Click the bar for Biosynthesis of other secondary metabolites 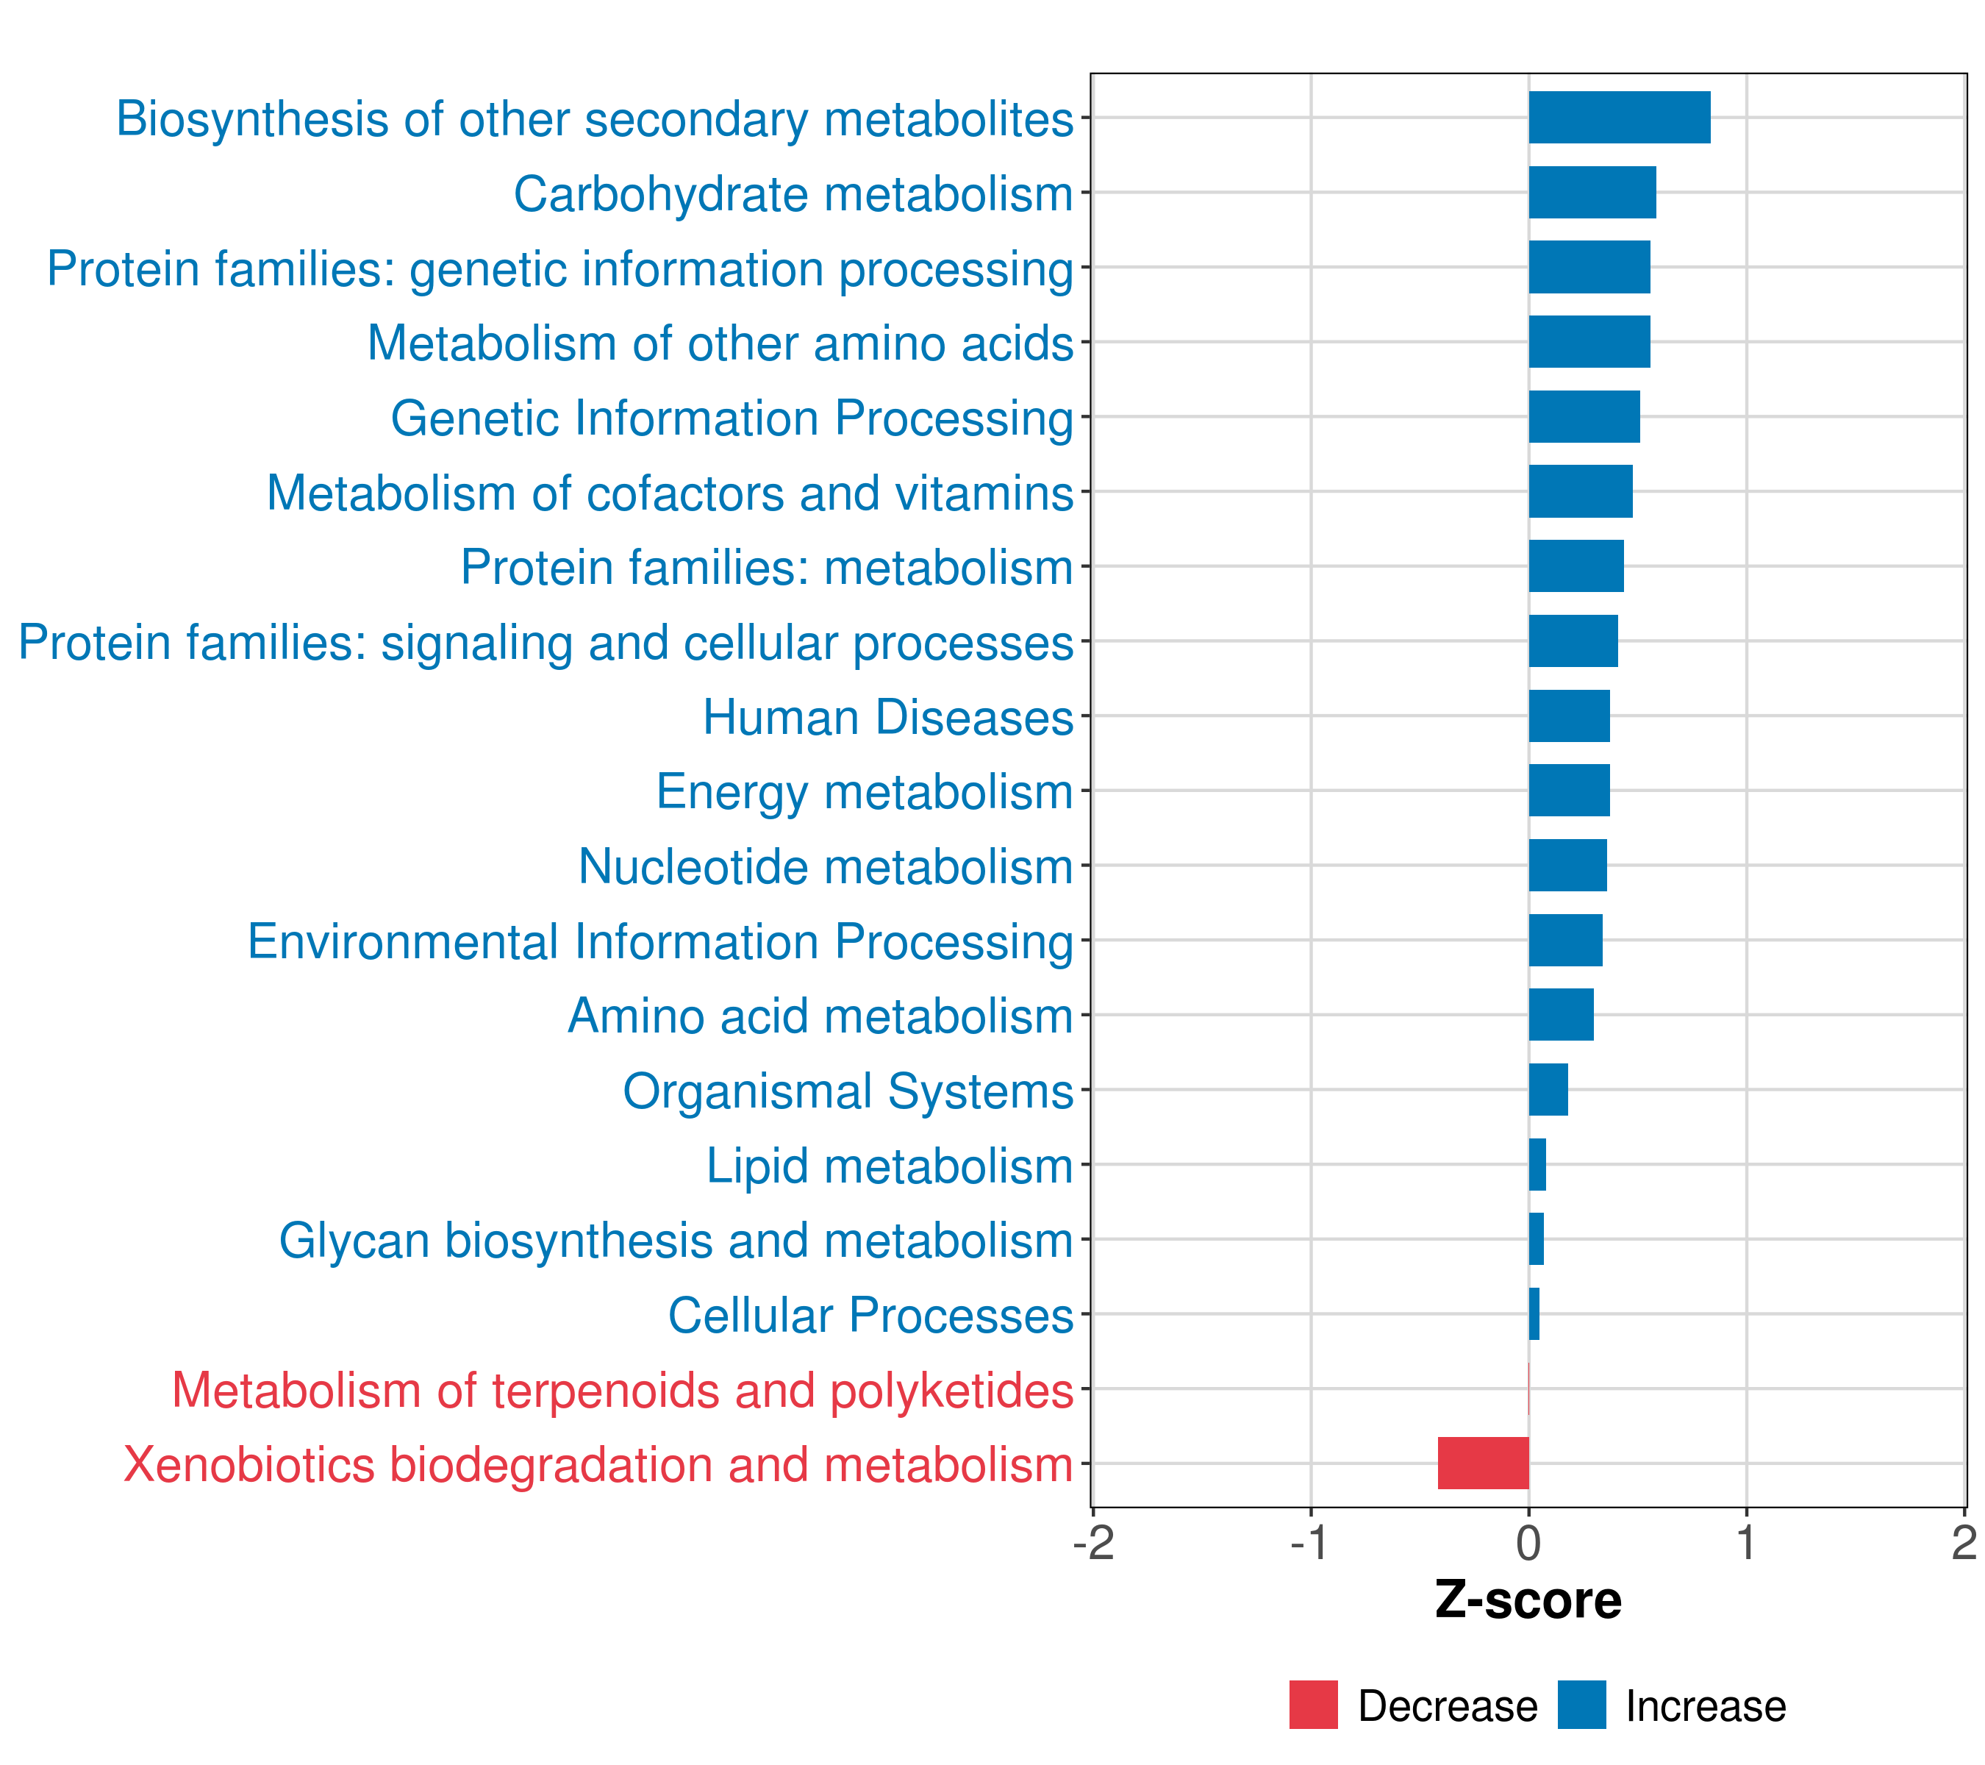[1619, 118]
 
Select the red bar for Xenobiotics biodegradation [1483, 1463]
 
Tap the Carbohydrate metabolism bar [1592, 193]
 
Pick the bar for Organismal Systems [1548, 1090]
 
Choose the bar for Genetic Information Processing [1584, 417]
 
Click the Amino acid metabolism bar [1561, 1015]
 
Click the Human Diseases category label [887, 718]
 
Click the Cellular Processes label [870, 1315]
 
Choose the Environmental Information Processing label [660, 941]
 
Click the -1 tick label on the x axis [1309, 1544]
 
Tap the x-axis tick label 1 [1746, 1544]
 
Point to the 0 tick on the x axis [1528, 1544]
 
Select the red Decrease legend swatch [1313, 1705]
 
